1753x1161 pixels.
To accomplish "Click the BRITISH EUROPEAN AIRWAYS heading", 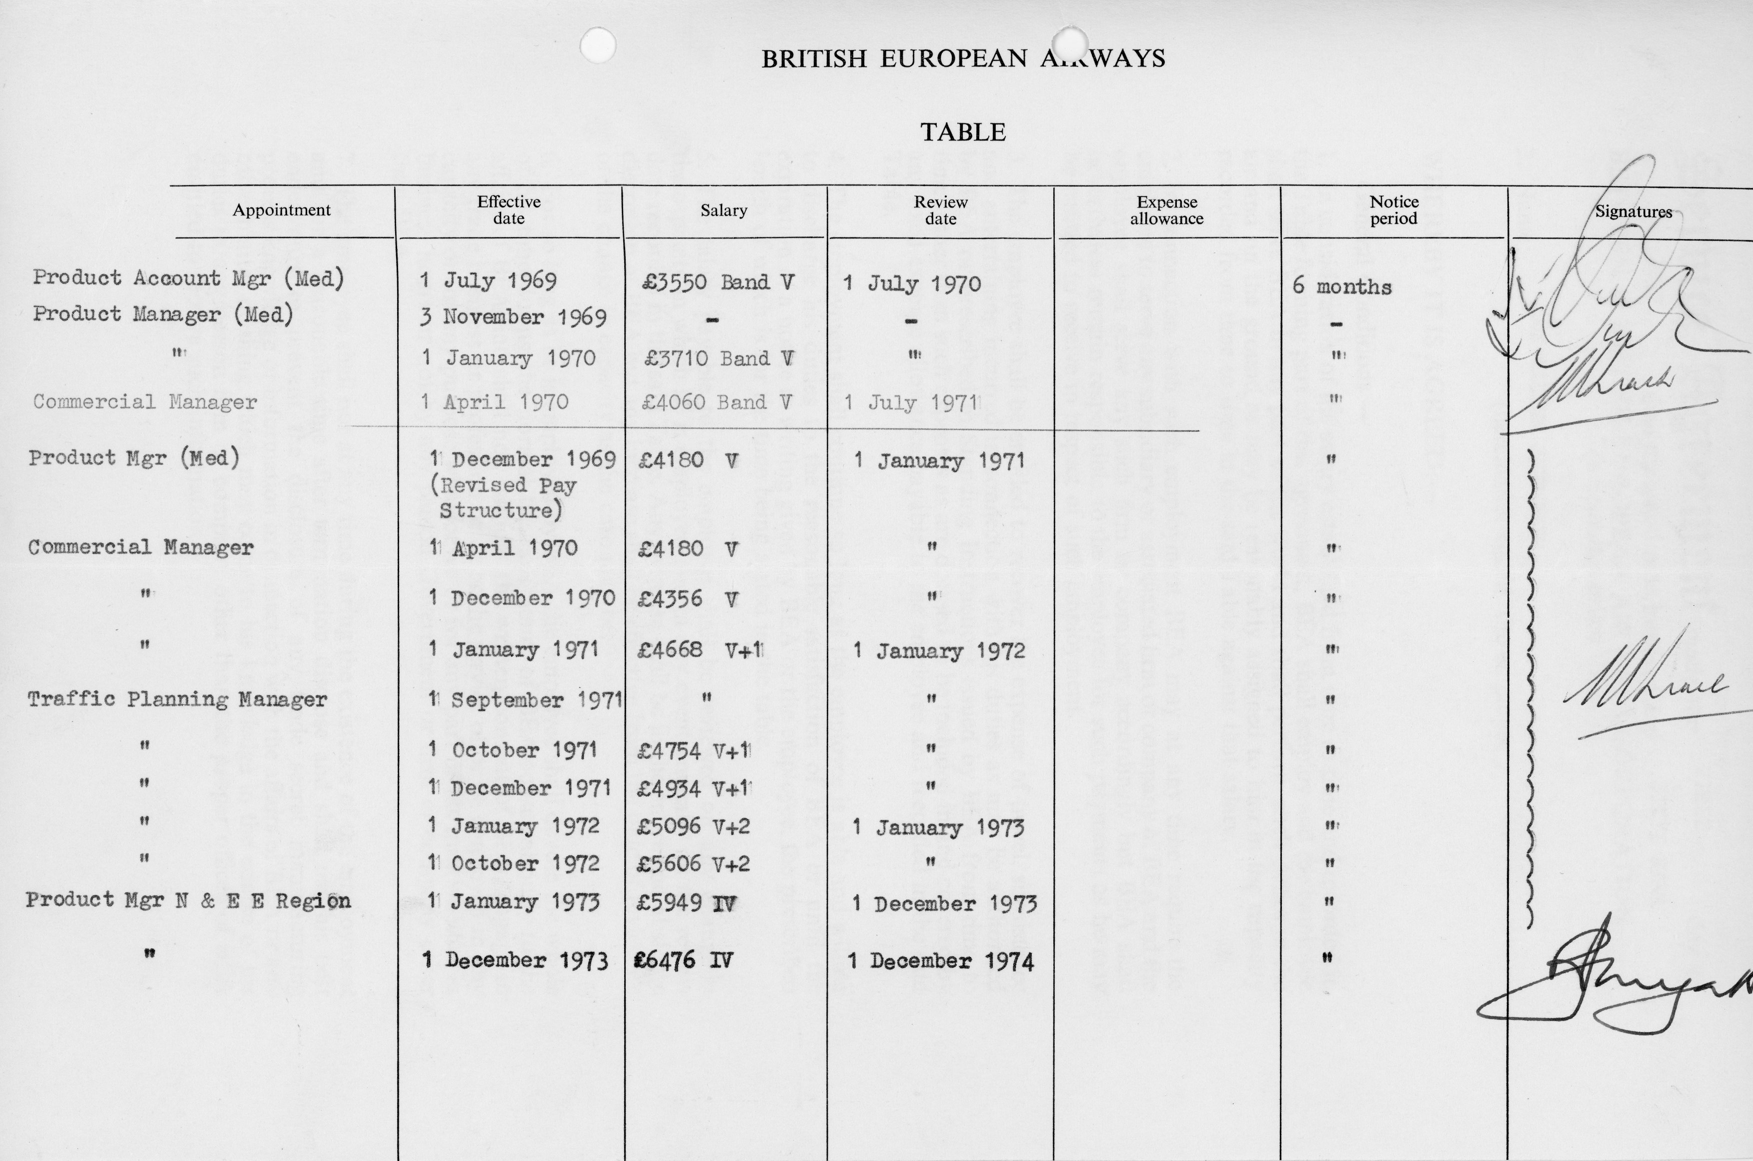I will [x=963, y=58].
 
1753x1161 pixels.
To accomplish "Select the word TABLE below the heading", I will [x=963, y=132].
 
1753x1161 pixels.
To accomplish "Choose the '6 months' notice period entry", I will [x=1341, y=286].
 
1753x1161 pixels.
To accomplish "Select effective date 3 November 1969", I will [x=513, y=317].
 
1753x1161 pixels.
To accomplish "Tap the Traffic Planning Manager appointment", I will [x=177, y=699].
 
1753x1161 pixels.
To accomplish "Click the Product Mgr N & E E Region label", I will [x=188, y=901].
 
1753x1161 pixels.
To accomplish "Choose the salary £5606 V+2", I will [x=693, y=863].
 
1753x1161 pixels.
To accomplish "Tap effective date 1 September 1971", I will [x=524, y=699].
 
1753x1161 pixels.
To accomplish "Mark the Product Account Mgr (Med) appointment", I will [x=188, y=278].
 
